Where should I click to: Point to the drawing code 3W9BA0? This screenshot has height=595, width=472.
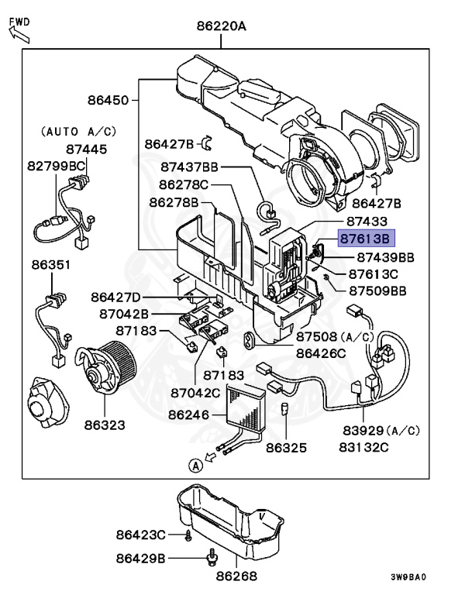(408, 577)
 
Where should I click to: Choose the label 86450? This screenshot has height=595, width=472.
(108, 100)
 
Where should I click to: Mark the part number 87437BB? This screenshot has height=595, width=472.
(189, 167)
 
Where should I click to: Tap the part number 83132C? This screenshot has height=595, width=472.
(363, 447)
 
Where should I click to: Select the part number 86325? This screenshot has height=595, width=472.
(286, 447)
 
